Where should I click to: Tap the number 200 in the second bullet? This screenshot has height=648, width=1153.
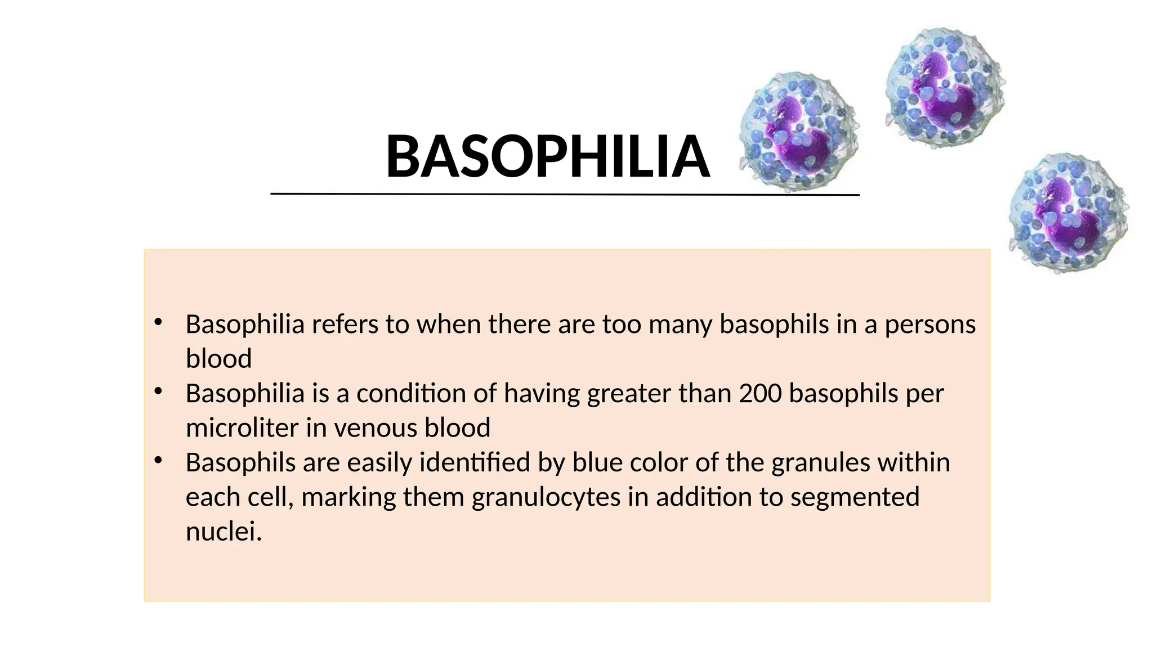(760, 394)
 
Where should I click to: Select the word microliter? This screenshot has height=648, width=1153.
(243, 428)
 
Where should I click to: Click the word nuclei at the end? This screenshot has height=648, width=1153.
(224, 532)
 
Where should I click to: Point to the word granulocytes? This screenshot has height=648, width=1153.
(546, 498)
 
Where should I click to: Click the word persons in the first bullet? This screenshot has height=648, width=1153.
(930, 325)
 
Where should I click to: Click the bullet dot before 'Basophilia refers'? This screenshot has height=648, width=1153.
(158, 322)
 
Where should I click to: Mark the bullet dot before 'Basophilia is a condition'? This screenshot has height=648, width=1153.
(158, 391)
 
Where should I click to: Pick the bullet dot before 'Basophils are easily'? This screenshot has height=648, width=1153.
(158, 461)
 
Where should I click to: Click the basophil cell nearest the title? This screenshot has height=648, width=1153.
(799, 132)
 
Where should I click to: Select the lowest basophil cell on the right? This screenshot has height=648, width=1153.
(1068, 213)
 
